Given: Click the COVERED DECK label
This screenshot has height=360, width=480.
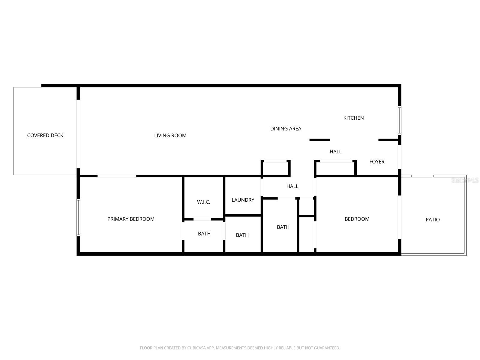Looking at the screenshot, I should tap(45, 135).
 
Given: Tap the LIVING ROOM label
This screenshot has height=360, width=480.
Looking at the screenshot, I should tap(170, 136).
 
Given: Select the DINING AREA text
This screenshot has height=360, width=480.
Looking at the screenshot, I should tap(286, 129).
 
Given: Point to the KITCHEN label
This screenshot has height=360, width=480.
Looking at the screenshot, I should tap(353, 118).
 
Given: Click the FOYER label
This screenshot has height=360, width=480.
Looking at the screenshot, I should tap(377, 162).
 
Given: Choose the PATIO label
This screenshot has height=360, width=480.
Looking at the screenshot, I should tap(433, 220).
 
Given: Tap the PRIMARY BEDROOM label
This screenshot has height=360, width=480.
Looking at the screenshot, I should tap(131, 219).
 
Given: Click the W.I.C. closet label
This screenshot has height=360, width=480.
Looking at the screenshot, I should tap(203, 202).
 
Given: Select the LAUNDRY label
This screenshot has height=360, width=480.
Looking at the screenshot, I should tap(243, 200).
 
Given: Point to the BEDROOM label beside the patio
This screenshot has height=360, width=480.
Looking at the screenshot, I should tap(357, 219).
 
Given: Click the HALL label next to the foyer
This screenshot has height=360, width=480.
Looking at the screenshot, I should tap(335, 151).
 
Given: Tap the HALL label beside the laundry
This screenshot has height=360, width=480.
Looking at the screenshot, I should tap(292, 186).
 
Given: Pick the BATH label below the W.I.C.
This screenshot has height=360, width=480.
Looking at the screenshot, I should tap(204, 234).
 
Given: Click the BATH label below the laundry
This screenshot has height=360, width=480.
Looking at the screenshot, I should tap(242, 235).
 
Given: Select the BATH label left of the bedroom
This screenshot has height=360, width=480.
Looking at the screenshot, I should tap(283, 227).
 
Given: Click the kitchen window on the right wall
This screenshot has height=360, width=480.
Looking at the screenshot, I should tap(399, 120).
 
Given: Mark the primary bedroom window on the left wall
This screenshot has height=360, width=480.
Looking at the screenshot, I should tap(78, 217).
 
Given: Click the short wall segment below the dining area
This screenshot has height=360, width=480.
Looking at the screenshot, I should tap(320, 140).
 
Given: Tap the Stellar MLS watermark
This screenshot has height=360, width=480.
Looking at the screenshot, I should tap(465, 180).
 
